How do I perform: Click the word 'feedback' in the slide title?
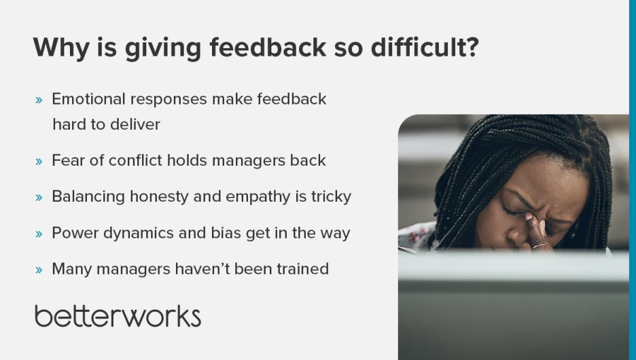(268, 47)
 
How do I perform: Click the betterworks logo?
(118, 316)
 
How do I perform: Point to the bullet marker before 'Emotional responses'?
(39, 100)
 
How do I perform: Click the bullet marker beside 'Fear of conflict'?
(39, 162)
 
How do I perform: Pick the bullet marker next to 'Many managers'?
(39, 270)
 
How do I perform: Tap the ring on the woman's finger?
(540, 246)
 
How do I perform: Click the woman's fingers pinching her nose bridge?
(535, 231)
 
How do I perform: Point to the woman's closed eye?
(510, 211)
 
